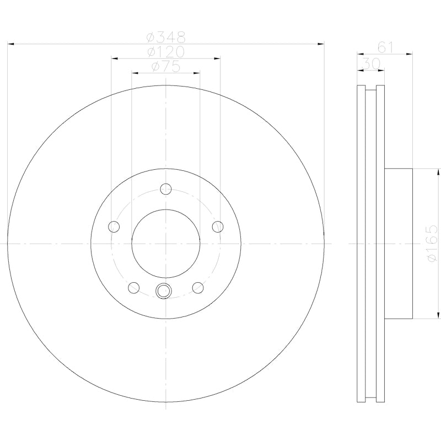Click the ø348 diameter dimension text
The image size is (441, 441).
point(165,37)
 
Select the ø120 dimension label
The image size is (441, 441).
point(165,52)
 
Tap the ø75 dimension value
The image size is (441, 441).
point(165,66)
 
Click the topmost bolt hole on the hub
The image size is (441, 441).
point(165,189)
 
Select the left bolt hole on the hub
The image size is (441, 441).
point(114,226)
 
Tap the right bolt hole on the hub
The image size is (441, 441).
point(217,226)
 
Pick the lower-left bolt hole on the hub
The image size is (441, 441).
point(133,287)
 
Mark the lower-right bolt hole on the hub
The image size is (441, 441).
point(197,287)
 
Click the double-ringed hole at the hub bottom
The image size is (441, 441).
point(164,291)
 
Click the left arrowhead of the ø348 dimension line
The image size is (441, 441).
point(11,44)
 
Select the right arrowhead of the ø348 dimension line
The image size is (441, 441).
point(321,44)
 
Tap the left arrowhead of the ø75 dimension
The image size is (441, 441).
point(135,72)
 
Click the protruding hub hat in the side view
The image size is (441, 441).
point(398,243)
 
